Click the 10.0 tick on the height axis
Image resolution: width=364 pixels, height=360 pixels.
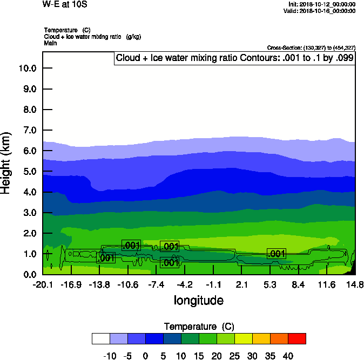(27, 68)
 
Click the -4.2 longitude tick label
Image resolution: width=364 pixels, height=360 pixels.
(185, 284)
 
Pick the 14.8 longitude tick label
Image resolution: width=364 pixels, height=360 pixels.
(354, 284)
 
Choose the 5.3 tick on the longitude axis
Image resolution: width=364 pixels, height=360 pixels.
(270, 284)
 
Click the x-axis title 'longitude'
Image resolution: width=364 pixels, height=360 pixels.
(198, 300)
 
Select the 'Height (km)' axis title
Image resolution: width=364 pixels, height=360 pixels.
(7, 163)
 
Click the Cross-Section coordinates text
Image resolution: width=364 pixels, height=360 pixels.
(311, 47)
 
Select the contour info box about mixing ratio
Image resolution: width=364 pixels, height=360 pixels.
(234, 58)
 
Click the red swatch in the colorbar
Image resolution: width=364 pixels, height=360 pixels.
(296, 338)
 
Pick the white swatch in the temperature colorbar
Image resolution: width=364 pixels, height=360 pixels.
(100, 338)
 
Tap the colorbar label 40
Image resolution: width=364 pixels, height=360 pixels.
(287, 355)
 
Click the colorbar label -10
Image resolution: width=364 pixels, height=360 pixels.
(109, 355)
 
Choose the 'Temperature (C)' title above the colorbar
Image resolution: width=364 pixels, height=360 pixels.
(198, 327)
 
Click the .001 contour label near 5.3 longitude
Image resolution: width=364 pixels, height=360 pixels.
(276, 254)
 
